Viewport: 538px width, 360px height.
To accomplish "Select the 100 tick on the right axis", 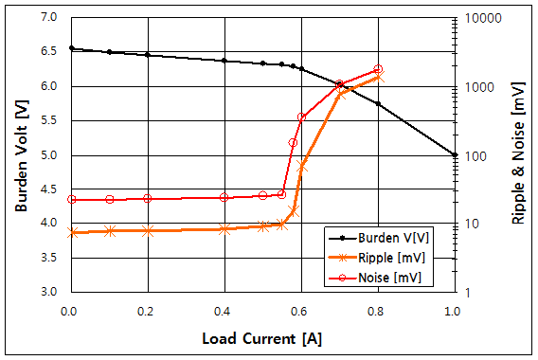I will (x=473, y=154).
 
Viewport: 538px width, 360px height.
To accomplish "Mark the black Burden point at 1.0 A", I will (x=455, y=154).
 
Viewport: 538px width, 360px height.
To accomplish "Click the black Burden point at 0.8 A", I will (x=378, y=104).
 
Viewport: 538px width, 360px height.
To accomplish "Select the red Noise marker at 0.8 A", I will (x=378, y=69).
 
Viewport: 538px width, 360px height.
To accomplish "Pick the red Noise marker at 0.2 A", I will (x=147, y=198).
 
